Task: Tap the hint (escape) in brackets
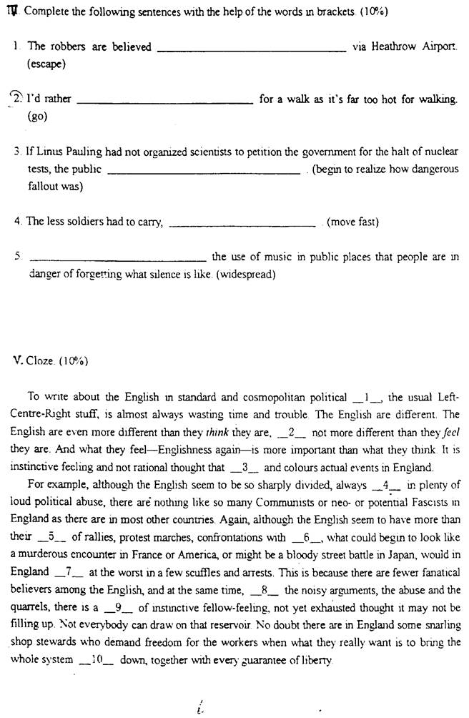[x=46, y=64]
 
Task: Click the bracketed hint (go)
[x=36, y=116]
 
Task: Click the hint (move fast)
[x=352, y=222]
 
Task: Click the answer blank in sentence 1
[x=251, y=49]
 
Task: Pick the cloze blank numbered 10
[x=97, y=659]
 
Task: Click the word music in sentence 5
[x=264, y=257]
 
